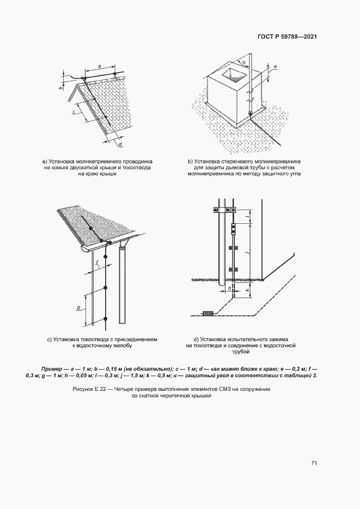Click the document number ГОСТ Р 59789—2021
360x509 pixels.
pos(286,37)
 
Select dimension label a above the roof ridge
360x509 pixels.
pos(99,65)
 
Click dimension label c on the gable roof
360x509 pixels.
pos(74,112)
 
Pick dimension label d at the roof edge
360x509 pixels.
pos(119,144)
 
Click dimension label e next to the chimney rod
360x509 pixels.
pos(276,67)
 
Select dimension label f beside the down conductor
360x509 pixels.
pos(96,262)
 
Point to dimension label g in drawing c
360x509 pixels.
pos(78,308)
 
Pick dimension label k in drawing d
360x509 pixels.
pos(248,291)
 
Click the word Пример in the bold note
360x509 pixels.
pos(52,368)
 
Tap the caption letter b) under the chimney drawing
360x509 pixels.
pos(190,161)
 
